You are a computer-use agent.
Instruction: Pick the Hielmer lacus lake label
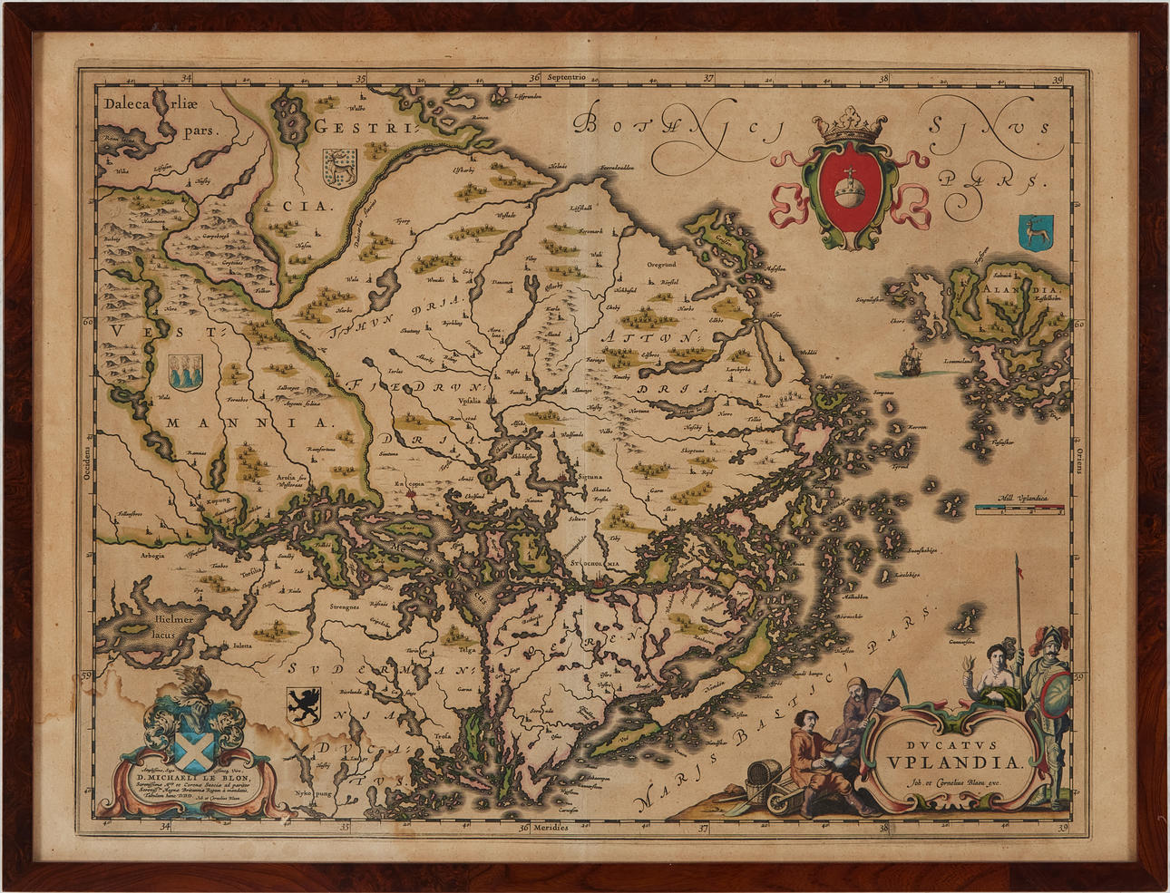point(173,626)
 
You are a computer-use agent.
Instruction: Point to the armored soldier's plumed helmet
point(1049,637)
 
